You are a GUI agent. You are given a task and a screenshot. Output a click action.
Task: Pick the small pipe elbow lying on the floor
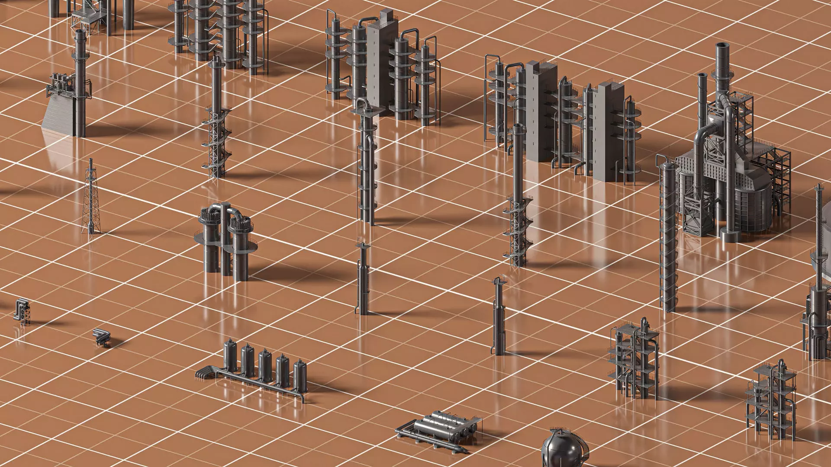click(101, 337)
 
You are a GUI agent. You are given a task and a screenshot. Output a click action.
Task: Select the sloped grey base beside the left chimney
click(58, 115)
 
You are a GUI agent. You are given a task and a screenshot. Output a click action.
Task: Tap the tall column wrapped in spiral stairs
click(669, 238)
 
